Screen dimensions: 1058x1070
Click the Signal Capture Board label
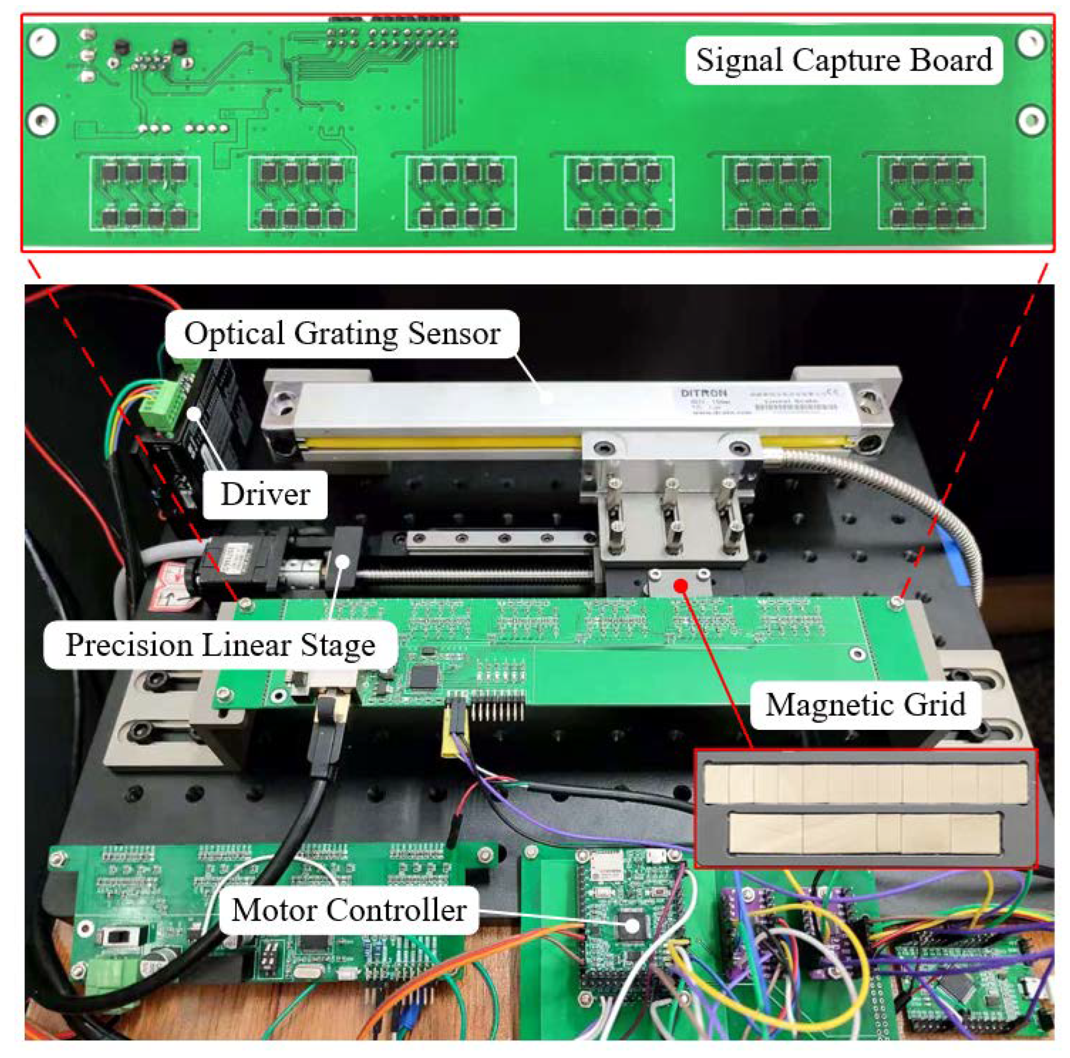coord(844,60)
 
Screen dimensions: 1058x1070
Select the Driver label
coord(265,495)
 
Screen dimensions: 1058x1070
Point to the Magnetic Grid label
coord(865,705)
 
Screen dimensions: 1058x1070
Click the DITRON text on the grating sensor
coord(703,393)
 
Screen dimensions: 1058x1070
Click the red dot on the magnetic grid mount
coord(682,585)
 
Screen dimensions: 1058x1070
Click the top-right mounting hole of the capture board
coord(1031,42)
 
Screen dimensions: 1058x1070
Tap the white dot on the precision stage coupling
coord(344,561)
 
